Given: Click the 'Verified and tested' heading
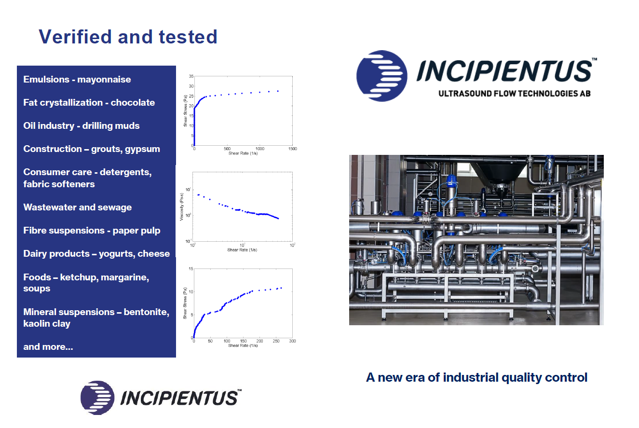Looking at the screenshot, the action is (x=128, y=37).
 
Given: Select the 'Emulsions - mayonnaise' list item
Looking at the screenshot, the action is (x=77, y=79).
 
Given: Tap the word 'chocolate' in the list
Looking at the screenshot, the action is (x=133, y=102).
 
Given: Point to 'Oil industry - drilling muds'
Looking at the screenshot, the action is (x=82, y=125).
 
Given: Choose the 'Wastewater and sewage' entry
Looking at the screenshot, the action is (x=78, y=207).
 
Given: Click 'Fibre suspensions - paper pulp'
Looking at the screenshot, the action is (x=92, y=231).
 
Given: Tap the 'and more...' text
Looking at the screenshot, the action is (x=48, y=346).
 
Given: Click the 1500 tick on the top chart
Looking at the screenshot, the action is (x=292, y=149).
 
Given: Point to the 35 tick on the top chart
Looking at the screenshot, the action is (x=191, y=76).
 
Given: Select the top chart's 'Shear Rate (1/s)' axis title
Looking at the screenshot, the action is (x=243, y=153).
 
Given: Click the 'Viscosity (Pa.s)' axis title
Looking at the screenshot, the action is (x=181, y=207).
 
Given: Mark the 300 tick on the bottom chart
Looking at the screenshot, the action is (x=292, y=341).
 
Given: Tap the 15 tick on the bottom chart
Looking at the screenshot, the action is (x=191, y=269).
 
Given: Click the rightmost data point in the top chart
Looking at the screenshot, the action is (x=278, y=91).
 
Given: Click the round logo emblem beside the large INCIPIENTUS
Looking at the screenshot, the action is (x=381, y=76).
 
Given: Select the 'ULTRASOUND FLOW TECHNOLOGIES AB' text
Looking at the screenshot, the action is (x=515, y=94).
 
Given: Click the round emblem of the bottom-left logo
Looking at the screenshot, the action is (x=97, y=398).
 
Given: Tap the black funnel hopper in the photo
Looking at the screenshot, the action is (x=498, y=171).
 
